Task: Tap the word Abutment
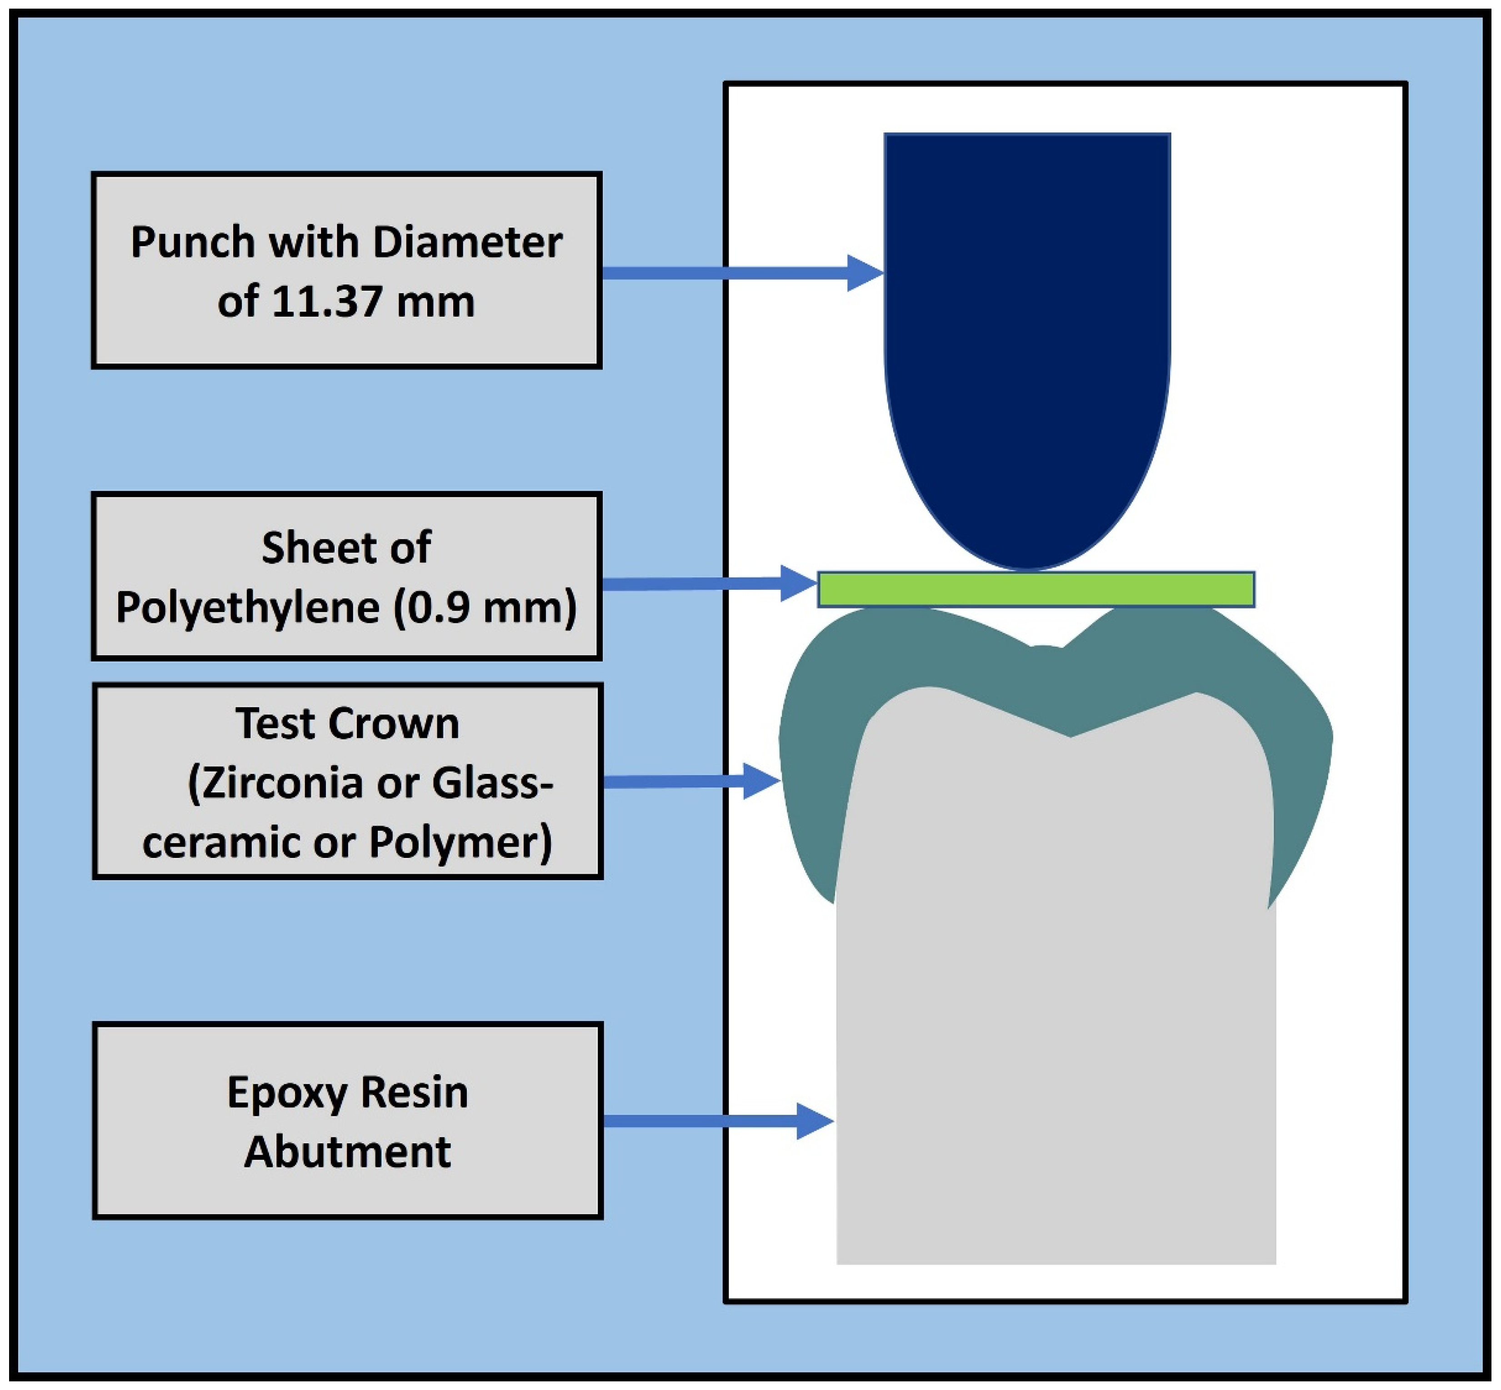pos(348,1151)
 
